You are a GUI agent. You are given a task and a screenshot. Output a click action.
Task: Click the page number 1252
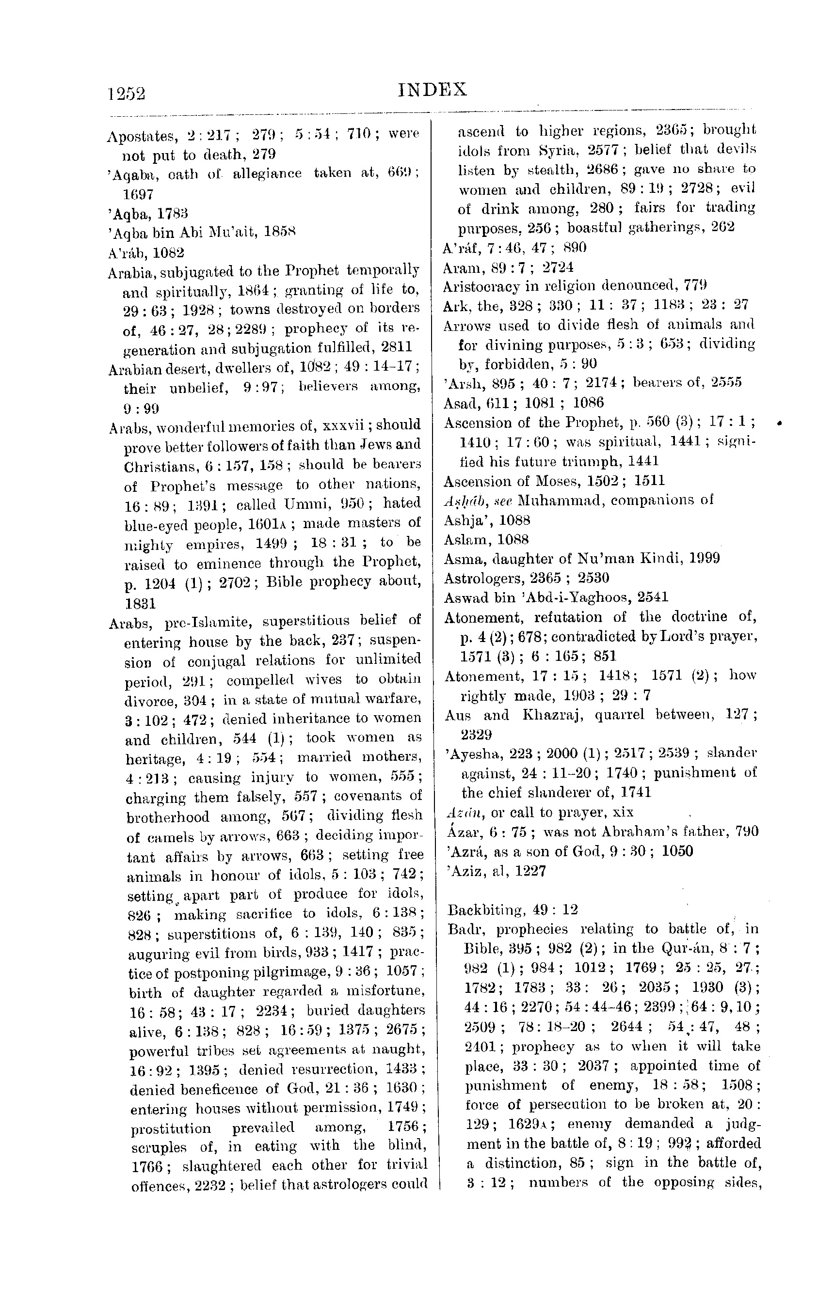click(x=127, y=94)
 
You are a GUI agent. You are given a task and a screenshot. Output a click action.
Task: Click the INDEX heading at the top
click(x=432, y=89)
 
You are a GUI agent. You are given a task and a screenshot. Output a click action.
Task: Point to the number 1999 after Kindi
click(x=704, y=559)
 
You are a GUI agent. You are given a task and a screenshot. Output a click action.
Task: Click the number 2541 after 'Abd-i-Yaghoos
click(x=652, y=597)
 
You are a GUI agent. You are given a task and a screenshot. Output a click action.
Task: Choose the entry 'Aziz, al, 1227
click(x=495, y=871)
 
